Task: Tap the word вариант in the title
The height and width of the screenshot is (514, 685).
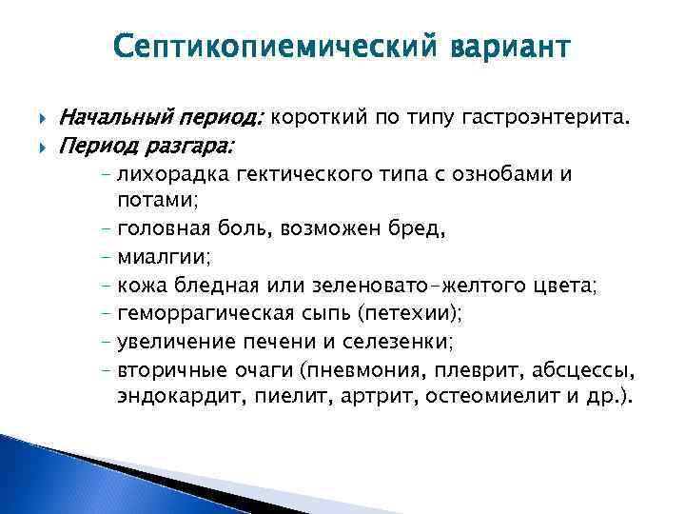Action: tap(507, 49)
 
